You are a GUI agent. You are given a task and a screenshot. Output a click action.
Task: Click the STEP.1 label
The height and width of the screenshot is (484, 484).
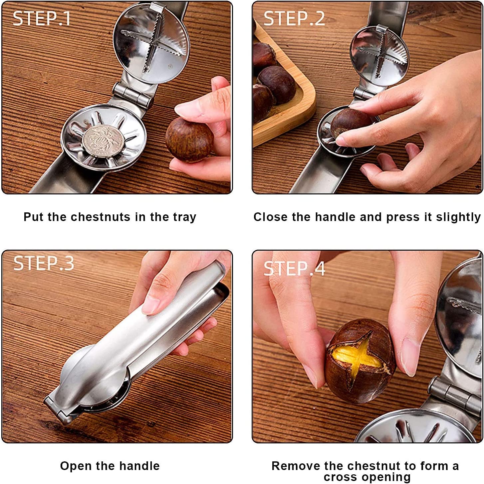pyautogui.click(x=42, y=18)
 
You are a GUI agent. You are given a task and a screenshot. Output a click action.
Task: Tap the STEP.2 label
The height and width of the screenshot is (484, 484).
pyautogui.click(x=294, y=18)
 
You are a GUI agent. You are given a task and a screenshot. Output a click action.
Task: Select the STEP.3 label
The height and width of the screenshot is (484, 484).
pyautogui.click(x=43, y=263)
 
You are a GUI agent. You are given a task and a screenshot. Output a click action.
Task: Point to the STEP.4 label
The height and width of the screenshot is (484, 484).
pyautogui.click(x=294, y=269)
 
